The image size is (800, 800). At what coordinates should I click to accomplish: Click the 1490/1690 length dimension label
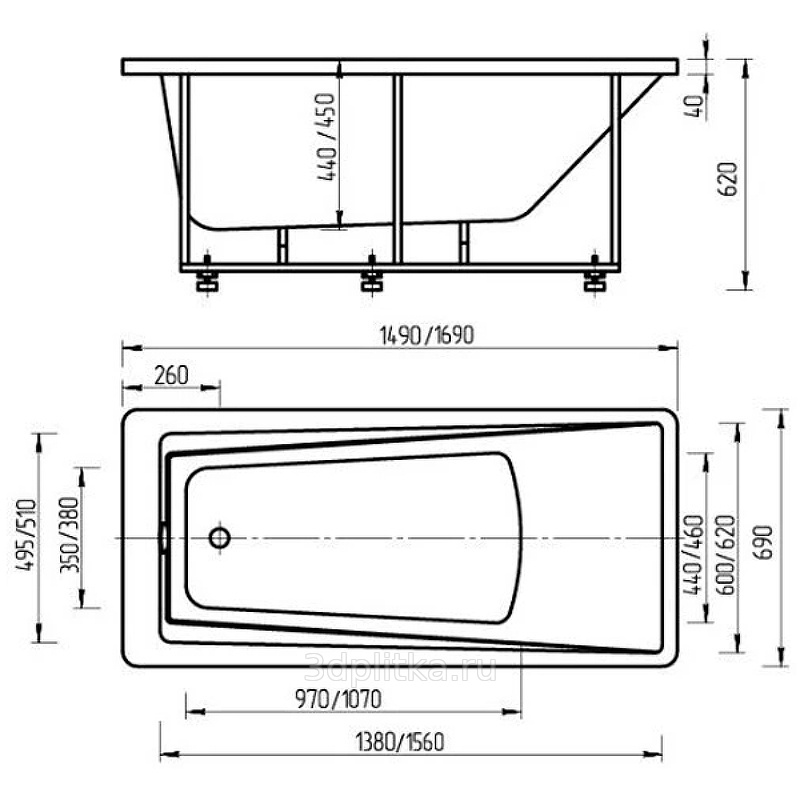click(x=427, y=335)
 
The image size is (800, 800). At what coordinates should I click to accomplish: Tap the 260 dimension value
click(x=171, y=376)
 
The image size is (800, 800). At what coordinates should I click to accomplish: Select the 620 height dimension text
click(x=728, y=179)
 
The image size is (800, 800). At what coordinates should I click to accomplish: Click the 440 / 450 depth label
click(x=327, y=137)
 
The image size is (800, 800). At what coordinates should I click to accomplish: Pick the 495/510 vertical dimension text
click(x=27, y=535)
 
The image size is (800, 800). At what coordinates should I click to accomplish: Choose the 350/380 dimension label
click(x=70, y=535)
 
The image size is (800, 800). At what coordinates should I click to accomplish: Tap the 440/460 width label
click(x=693, y=555)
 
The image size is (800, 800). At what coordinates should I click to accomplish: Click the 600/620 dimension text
click(x=727, y=555)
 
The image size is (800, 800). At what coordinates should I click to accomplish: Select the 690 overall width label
click(x=764, y=542)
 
